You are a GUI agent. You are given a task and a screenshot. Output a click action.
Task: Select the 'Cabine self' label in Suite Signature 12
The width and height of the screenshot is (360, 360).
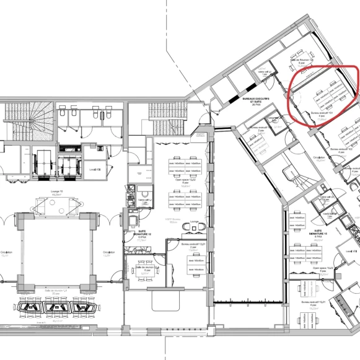coord(143,200)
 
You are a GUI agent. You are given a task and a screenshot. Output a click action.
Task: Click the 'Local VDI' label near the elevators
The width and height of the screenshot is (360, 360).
coord(95,169)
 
